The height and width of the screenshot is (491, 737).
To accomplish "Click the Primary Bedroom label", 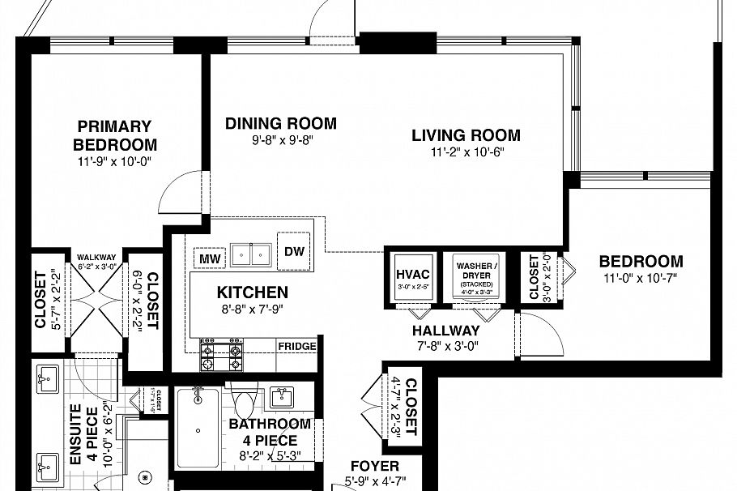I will coord(114,135).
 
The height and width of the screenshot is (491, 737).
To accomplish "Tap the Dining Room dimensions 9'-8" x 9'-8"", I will coord(280,140).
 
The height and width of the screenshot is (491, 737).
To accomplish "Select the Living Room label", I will coord(465,135).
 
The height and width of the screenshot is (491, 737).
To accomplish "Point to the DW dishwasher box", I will coord(294,250).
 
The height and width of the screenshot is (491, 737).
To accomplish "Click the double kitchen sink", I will coord(251,255).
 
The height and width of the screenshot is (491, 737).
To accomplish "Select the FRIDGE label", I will coord(296,346).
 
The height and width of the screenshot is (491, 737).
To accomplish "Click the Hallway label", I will coord(445,331).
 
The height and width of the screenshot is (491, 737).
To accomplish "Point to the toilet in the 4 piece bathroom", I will coord(243,401).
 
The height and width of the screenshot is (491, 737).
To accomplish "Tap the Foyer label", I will coord(374,466).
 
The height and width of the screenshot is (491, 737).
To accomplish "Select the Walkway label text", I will coord(96,257).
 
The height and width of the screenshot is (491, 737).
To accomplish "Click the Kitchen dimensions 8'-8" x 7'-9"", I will coord(252,308).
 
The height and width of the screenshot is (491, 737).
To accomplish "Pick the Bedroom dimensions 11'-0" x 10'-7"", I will coord(640,278).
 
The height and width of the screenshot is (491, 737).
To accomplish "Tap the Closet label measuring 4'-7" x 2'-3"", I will coord(409,405).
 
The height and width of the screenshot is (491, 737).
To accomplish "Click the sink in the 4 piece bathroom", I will coord(281,397).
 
